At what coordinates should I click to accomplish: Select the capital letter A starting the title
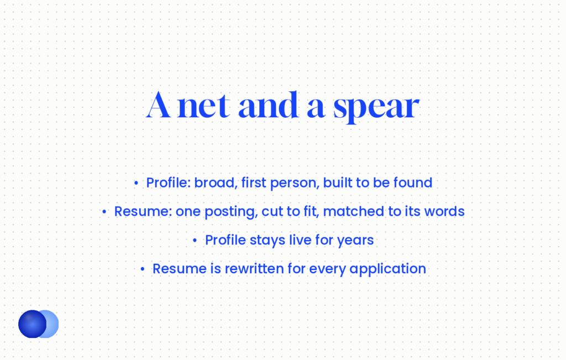click(x=158, y=105)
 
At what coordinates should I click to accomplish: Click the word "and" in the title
click(x=269, y=105)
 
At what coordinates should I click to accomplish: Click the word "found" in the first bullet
click(x=413, y=182)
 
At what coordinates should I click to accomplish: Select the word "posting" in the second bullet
click(x=231, y=212)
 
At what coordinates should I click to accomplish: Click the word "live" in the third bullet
click(x=298, y=240)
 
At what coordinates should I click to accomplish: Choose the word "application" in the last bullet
click(x=387, y=269)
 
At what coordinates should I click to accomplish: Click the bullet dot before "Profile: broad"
click(x=136, y=184)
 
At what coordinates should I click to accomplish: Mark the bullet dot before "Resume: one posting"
click(x=104, y=212)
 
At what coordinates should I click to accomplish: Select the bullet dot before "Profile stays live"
click(x=195, y=241)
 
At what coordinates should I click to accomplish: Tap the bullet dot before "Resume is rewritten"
click(x=143, y=269)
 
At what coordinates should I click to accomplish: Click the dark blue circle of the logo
click(x=32, y=324)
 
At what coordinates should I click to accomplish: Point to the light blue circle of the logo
click(x=53, y=324)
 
